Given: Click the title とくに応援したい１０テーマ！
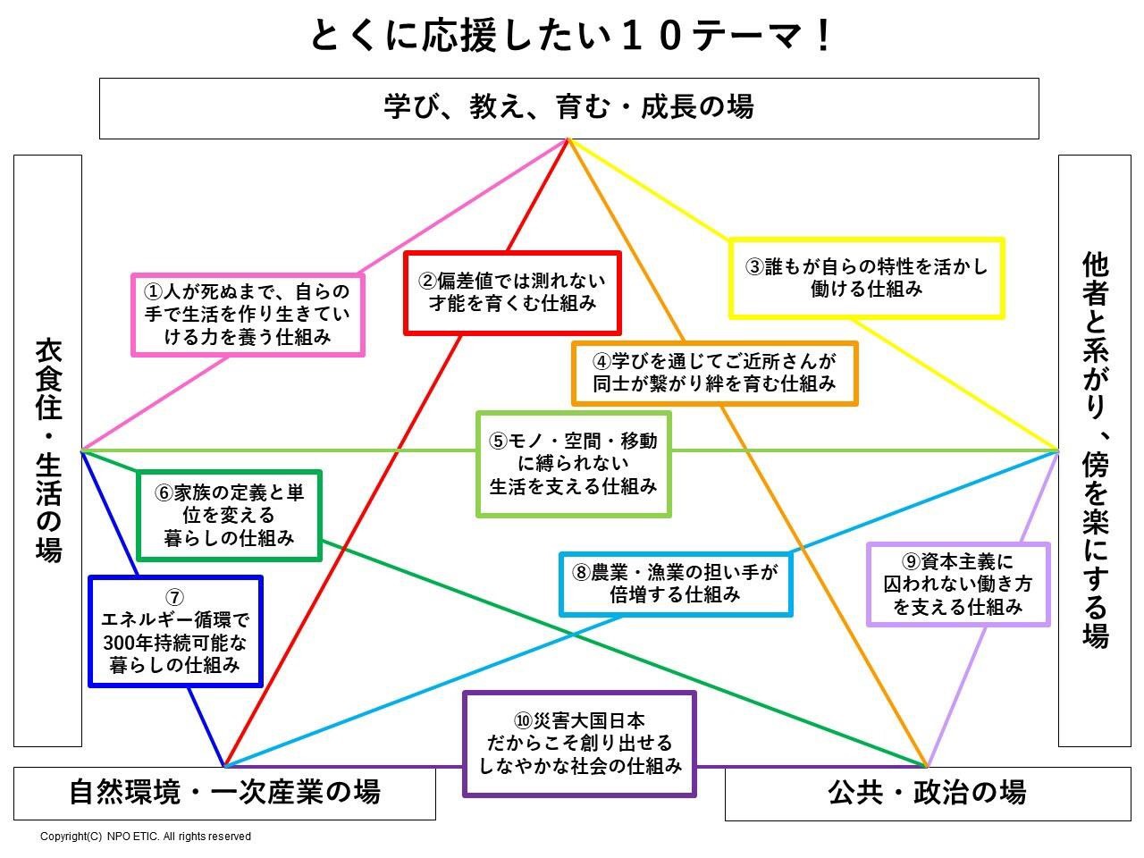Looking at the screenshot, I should [572, 36].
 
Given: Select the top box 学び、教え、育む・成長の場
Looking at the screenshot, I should [568, 107].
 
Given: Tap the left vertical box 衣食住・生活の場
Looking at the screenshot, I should [47, 450].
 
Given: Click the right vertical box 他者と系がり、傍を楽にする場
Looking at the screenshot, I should [1095, 450].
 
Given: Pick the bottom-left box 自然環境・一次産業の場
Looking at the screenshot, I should [224, 792].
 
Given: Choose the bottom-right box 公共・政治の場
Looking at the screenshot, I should [927, 792].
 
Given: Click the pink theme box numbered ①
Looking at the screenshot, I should [248, 314].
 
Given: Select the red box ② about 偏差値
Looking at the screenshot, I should [512, 292].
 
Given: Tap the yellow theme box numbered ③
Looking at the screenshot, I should [866, 278].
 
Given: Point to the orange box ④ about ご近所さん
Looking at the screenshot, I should [714, 373].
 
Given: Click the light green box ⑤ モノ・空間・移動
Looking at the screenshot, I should [573, 464].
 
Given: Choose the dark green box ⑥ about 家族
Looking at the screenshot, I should [229, 516].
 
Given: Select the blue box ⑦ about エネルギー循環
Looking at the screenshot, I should [175, 631].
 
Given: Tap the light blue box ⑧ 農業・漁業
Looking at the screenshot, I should [676, 584].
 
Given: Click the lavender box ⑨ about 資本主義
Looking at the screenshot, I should [958, 584].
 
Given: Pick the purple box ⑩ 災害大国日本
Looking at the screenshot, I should [579, 744].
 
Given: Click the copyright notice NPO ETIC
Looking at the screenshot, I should [146, 837].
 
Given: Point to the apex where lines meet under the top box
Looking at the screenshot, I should [568, 139].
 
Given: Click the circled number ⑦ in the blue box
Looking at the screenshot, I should [175, 598].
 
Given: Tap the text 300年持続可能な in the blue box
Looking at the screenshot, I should [175, 643].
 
